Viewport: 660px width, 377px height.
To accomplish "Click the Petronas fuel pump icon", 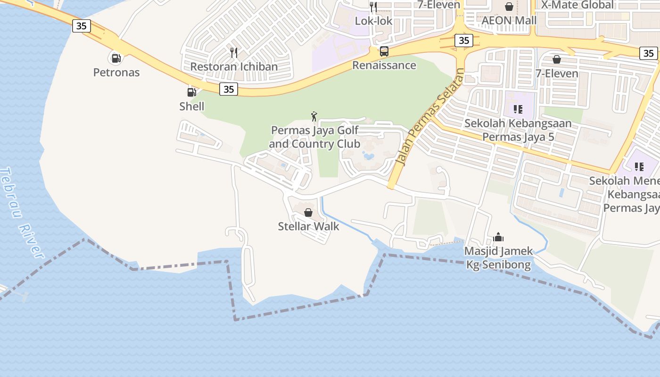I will (115, 58).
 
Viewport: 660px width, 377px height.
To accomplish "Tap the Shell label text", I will (192, 107).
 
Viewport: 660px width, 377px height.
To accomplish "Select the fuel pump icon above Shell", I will (191, 92).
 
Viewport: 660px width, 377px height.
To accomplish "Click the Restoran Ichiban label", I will (234, 66).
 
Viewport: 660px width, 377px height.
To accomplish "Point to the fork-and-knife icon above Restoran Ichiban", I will (234, 52).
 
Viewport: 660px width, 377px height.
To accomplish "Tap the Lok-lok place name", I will (373, 21).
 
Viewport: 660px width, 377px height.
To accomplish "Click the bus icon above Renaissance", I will (384, 51).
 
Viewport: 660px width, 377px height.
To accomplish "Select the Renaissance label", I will (384, 65).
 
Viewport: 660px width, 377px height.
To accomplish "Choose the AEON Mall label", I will (509, 20).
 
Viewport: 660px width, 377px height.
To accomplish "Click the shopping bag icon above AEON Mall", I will (509, 7).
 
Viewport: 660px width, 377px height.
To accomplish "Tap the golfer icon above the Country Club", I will (314, 116).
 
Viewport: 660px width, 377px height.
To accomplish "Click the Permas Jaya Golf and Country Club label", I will (314, 137).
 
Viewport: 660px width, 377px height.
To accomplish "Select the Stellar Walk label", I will (308, 226).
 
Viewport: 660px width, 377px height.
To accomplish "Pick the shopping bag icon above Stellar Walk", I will (308, 213).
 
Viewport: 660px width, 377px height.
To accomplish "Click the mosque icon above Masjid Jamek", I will (498, 237).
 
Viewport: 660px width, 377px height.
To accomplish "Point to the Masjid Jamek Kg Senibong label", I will (499, 258).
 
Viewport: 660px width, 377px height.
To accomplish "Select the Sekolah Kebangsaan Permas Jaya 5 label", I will (518, 130).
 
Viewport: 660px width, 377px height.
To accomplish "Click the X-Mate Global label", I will (577, 5).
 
